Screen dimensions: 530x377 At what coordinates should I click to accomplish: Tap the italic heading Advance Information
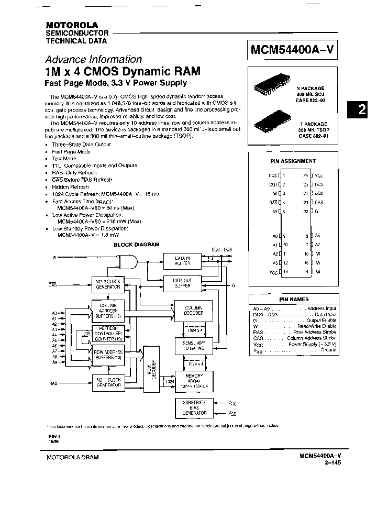[93, 59]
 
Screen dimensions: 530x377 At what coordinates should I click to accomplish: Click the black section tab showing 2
[361, 110]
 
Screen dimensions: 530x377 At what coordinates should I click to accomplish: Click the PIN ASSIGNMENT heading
[293, 161]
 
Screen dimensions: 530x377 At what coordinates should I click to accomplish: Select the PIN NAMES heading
[294, 299]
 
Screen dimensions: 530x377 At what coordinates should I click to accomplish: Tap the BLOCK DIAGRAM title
[136, 245]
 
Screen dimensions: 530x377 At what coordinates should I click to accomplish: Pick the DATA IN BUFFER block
[182, 261]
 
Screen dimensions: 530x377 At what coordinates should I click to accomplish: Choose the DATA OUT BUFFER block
[182, 283]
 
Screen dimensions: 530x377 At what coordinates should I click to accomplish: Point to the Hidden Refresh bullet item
[69, 186]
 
